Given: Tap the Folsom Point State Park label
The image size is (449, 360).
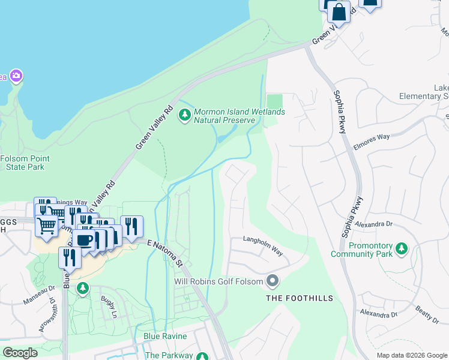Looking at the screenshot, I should point(25,163).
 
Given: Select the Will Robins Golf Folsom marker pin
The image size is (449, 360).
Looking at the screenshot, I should point(273,281).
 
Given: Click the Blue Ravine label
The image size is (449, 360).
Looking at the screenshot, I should point(165,337).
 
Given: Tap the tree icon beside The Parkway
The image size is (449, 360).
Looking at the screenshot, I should point(203,355).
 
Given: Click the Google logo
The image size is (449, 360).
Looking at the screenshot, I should point(20,353).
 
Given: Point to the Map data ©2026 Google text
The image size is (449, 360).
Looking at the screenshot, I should point(411,355).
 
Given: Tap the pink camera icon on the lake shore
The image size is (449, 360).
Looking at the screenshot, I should point(16,76).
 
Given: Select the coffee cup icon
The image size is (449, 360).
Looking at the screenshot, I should point(84,240).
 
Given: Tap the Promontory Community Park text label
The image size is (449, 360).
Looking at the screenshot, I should point(362,250).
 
